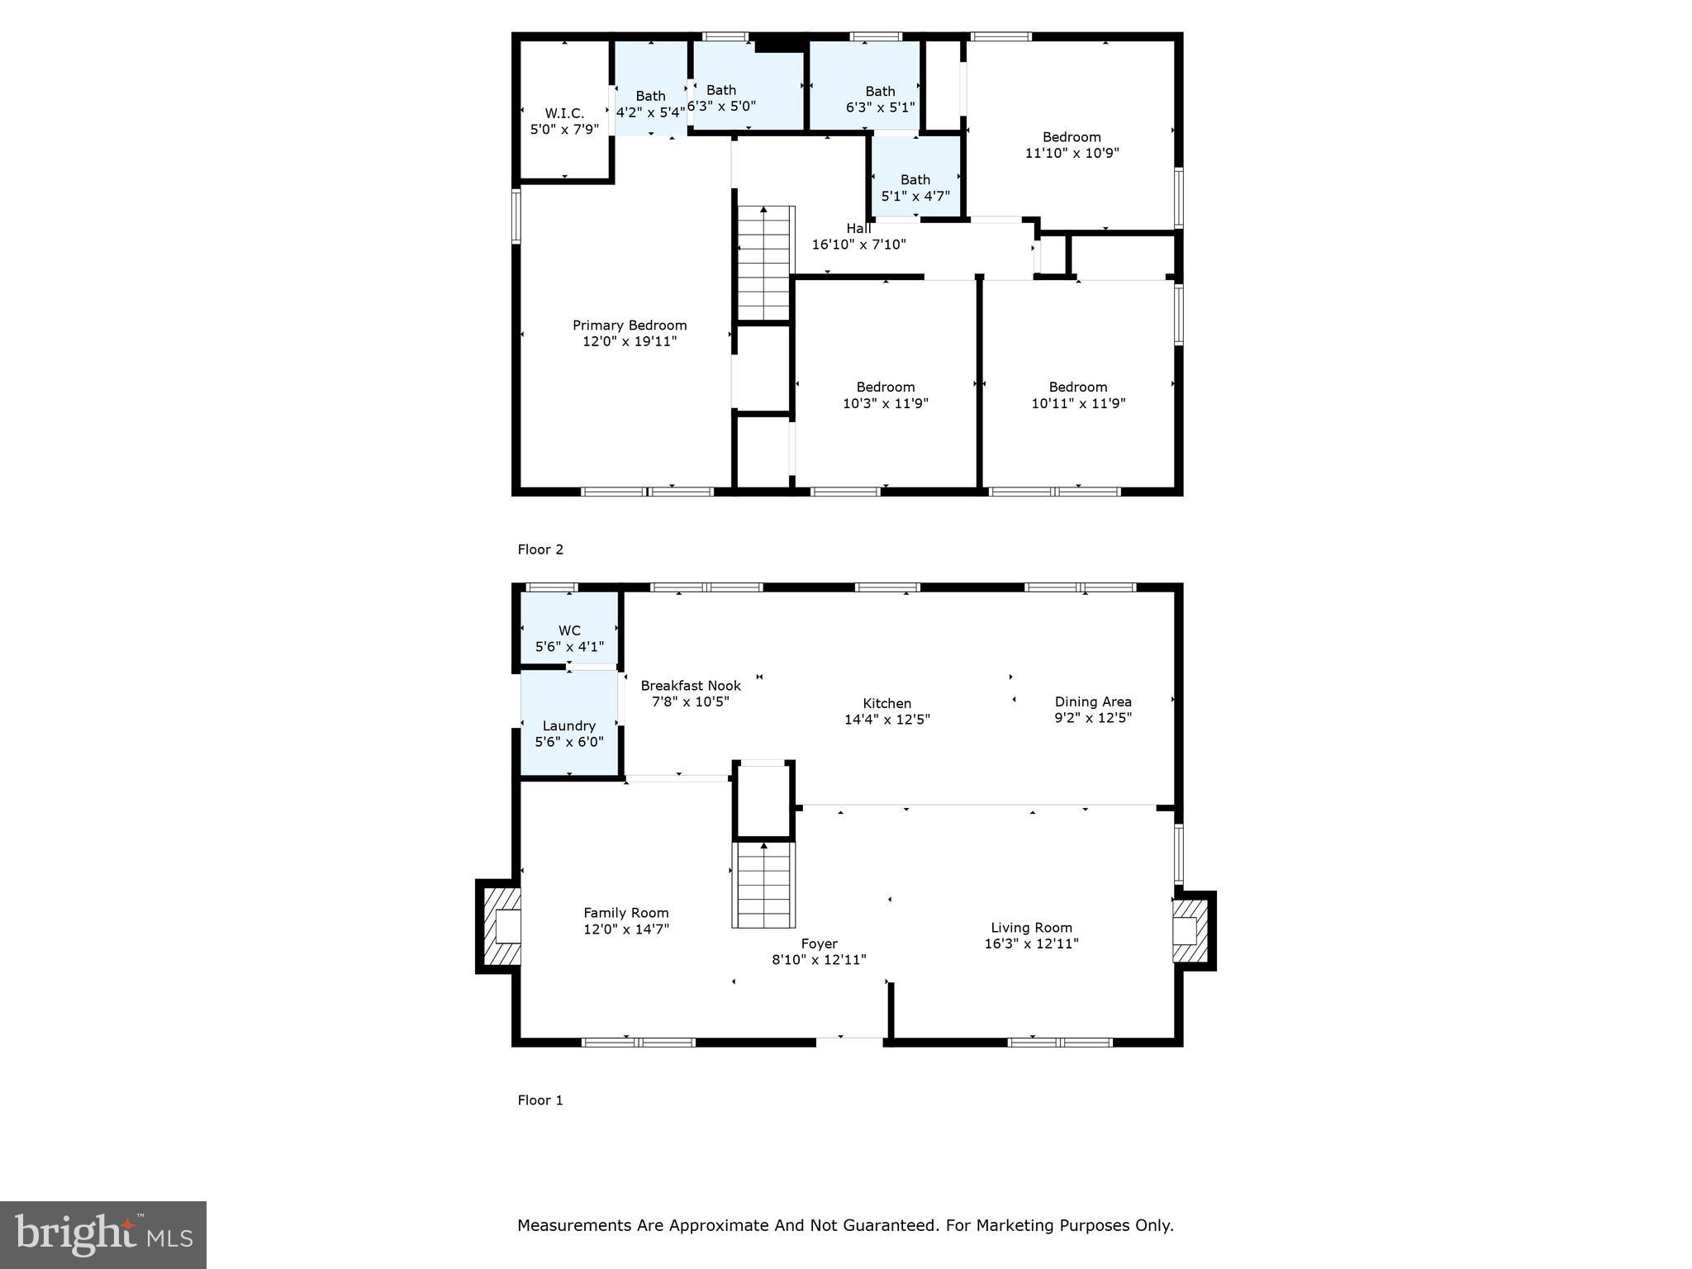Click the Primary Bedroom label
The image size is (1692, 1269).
pyautogui.click(x=630, y=326)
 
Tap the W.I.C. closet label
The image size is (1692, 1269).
pyautogui.click(x=564, y=113)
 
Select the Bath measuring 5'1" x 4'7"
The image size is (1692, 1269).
pyautogui.click(x=915, y=188)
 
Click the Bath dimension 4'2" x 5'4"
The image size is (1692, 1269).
pyautogui.click(x=650, y=112)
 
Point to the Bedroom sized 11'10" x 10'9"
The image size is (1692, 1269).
pyautogui.click(x=1072, y=145)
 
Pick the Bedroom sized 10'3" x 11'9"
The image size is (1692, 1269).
pyautogui.click(x=886, y=395)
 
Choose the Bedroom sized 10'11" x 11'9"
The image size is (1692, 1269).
pyautogui.click(x=1078, y=395)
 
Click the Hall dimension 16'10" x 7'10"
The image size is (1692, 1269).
pyautogui.click(x=859, y=245)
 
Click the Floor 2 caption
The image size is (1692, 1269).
pyautogui.click(x=540, y=549)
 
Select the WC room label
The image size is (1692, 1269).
pyautogui.click(x=569, y=630)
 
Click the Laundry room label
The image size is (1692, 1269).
pyautogui.click(x=569, y=725)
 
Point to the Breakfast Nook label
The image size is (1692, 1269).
pyautogui.click(x=691, y=686)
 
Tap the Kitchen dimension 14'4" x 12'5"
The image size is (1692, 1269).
pyautogui.click(x=887, y=719)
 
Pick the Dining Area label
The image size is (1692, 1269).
pyautogui.click(x=1093, y=701)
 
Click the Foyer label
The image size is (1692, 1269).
pyautogui.click(x=819, y=943)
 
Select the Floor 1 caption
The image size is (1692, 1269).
pyautogui.click(x=540, y=1100)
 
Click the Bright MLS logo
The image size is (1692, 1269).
pyautogui.click(x=103, y=1234)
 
